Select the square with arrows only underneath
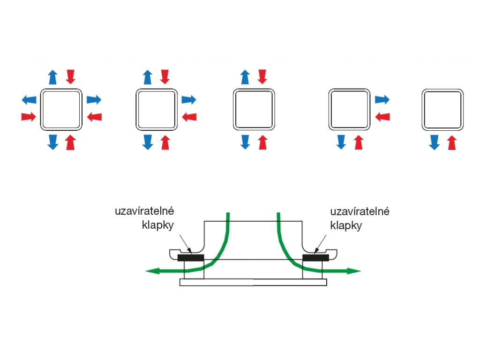(442, 110)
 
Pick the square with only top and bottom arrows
(254, 109)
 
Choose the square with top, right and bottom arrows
(157, 110)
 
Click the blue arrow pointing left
(29, 99)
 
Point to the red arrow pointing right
(29, 116)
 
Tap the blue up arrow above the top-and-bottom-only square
(245, 77)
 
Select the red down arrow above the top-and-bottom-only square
(262, 76)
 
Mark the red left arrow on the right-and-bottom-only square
(382, 116)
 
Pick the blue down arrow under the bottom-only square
(435, 142)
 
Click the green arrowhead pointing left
(151, 270)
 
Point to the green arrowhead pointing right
(355, 270)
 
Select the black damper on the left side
(191, 257)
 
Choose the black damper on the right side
(316, 257)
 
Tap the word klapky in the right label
(346, 225)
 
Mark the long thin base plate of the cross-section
(254, 282)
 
